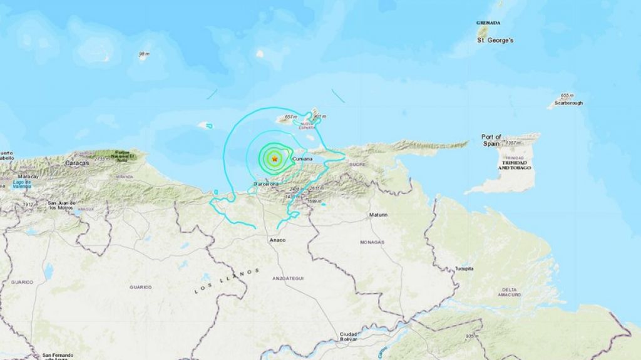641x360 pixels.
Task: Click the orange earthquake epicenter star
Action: pyautogui.click(x=274, y=160)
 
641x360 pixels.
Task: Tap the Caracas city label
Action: pyautogui.click(x=76, y=163)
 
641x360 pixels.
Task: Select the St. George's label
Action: pyautogui.click(x=495, y=40)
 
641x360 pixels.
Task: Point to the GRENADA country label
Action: pyautogui.click(x=488, y=23)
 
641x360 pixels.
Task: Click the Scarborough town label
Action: pyautogui.click(x=567, y=103)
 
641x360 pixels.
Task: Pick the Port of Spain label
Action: pyautogui.click(x=491, y=140)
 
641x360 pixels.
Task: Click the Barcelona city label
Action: pyautogui.click(x=265, y=184)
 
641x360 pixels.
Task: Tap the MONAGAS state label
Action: pyautogui.click(x=372, y=241)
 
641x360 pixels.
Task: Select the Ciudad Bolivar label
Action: pyautogui.click(x=348, y=337)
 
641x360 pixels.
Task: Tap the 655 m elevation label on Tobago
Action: pyautogui.click(x=567, y=95)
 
